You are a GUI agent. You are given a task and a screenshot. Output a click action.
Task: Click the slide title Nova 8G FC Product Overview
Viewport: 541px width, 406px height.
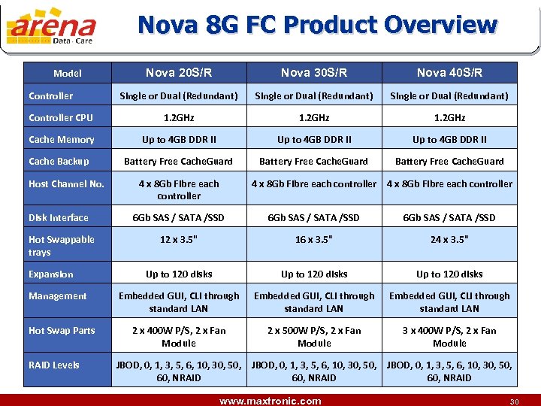[x=317, y=25]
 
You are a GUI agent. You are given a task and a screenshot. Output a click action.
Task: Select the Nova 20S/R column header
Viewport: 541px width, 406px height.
[x=179, y=73]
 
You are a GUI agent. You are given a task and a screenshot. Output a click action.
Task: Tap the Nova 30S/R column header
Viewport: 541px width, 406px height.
[x=314, y=73]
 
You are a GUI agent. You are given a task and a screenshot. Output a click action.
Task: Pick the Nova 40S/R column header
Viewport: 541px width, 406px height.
[x=449, y=73]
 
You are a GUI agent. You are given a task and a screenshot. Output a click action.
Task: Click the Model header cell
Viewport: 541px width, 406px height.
[x=68, y=74]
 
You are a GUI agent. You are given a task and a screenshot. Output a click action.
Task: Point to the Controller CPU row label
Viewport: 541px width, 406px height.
[x=61, y=117]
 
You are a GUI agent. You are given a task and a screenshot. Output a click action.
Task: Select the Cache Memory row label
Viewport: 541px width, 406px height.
[x=62, y=139]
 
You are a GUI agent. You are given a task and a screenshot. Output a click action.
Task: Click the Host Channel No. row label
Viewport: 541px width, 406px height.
[x=66, y=183]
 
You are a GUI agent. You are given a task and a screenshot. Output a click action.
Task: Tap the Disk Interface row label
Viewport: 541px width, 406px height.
[x=59, y=218]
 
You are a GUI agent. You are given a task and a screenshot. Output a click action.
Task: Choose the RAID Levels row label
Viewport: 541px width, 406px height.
[x=54, y=365]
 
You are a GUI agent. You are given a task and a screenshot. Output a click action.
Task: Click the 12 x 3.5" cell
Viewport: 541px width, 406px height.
[x=179, y=240]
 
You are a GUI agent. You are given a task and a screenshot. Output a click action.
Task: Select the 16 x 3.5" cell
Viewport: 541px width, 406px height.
[x=314, y=240]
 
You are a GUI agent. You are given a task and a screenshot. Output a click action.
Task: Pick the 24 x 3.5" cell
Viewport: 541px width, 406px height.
[x=449, y=240]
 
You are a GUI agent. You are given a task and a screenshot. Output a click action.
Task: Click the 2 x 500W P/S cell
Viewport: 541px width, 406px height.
[x=314, y=337]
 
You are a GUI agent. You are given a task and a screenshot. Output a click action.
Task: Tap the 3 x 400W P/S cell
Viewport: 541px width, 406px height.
[x=449, y=337]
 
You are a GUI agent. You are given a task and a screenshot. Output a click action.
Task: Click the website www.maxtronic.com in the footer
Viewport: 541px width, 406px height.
[x=270, y=401]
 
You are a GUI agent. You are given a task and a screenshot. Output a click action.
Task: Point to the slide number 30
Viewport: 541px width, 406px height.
[x=515, y=401]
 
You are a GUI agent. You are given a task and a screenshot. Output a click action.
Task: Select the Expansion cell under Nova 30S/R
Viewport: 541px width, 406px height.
[x=314, y=274]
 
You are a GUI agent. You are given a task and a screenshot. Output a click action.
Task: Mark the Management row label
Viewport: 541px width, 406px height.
[x=58, y=296]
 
